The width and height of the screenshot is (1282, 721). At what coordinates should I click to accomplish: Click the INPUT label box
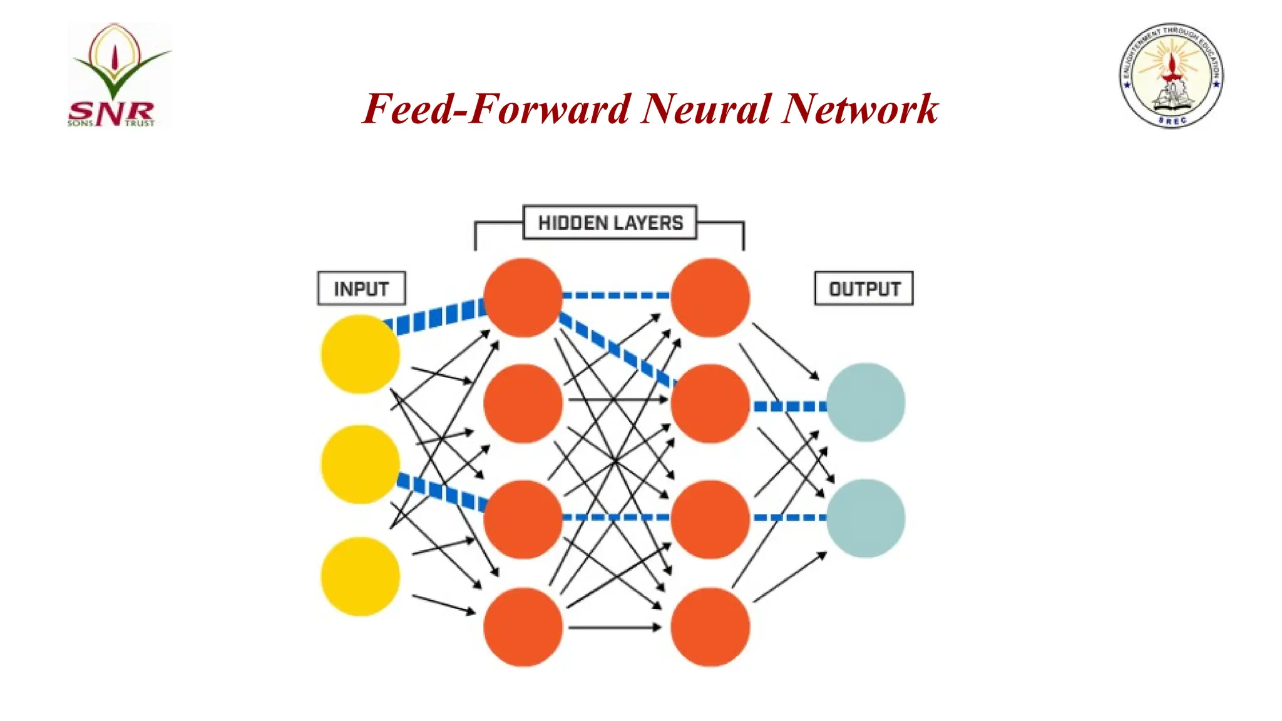point(361,289)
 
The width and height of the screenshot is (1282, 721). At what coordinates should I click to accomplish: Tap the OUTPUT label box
point(864,289)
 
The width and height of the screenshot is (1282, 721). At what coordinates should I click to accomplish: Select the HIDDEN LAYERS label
point(610,223)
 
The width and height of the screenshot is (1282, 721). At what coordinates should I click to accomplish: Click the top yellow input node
point(360,354)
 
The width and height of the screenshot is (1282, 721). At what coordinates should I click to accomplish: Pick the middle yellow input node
point(360,464)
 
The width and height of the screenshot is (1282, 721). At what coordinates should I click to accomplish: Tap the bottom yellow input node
point(360,576)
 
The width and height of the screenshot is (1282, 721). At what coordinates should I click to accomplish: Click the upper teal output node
point(865,402)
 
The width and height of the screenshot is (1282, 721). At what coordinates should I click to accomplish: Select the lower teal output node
point(865,518)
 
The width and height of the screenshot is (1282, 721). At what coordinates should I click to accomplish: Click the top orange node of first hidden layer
point(523,298)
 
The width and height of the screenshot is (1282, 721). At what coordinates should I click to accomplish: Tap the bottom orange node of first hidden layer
point(523,626)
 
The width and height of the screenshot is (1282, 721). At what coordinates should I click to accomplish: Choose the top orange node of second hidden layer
point(710,298)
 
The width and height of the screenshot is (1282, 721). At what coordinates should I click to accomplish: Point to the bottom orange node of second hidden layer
point(710,626)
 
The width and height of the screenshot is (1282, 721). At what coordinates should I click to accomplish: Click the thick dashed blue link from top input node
point(436,317)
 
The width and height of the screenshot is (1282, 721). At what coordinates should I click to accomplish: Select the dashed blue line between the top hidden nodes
point(617,295)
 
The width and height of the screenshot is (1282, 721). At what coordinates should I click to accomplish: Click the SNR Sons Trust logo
point(118,75)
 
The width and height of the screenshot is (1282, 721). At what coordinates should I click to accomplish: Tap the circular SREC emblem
point(1171,76)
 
